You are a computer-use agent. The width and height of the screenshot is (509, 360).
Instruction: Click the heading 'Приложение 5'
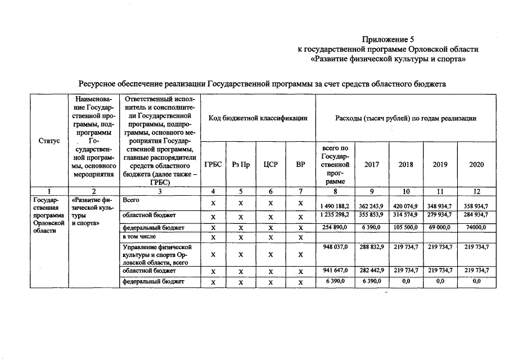click(388, 39)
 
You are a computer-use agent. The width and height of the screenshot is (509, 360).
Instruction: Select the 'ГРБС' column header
click(213, 165)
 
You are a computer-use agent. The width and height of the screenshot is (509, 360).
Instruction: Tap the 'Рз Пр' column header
click(241, 165)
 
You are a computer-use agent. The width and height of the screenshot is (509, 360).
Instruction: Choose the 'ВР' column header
click(300, 165)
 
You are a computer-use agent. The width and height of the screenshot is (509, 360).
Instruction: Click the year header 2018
click(406, 165)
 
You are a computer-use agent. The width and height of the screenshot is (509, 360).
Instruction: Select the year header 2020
click(476, 165)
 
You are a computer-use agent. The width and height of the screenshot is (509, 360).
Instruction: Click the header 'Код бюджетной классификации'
click(258, 118)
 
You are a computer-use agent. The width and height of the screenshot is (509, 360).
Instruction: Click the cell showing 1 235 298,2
click(335, 215)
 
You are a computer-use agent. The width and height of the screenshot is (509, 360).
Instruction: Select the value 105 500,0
click(406, 227)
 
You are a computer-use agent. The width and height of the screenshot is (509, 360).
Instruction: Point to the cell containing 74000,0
click(476, 227)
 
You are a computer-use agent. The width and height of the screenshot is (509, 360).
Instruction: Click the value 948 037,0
click(335, 247)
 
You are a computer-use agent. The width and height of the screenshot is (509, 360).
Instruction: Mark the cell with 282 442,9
click(371, 270)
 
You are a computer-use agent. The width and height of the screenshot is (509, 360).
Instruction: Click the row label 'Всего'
click(131, 200)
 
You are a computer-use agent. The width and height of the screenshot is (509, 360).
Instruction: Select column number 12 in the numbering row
click(476, 191)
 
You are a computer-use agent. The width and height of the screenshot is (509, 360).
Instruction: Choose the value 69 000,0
click(440, 227)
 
